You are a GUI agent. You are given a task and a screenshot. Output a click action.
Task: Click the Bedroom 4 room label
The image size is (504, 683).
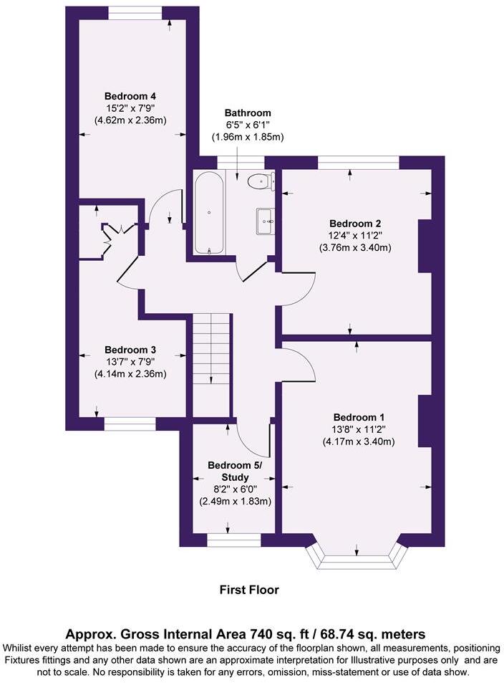click(x=130, y=96)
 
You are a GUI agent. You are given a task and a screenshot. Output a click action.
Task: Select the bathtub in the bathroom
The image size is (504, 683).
click(x=209, y=213)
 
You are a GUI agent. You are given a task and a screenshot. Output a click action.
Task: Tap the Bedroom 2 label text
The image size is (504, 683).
click(x=355, y=222)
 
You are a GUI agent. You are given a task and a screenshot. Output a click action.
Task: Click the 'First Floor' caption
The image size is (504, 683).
click(x=248, y=590)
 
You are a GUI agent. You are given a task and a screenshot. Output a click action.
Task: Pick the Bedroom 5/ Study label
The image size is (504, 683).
click(x=235, y=471)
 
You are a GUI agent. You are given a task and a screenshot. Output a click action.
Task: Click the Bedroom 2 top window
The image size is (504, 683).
click(x=358, y=163)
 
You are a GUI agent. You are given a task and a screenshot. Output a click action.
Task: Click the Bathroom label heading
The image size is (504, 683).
click(x=248, y=113)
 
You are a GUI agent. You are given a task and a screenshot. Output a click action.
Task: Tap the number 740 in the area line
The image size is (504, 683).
click(x=262, y=634)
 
